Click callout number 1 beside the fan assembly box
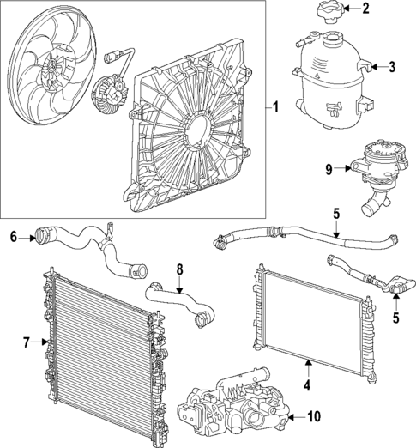(x=276, y=108)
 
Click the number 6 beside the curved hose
(x=14, y=234)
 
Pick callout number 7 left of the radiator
(x=27, y=343)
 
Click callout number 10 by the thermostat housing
(x=314, y=418)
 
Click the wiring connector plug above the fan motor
(x=113, y=59)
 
